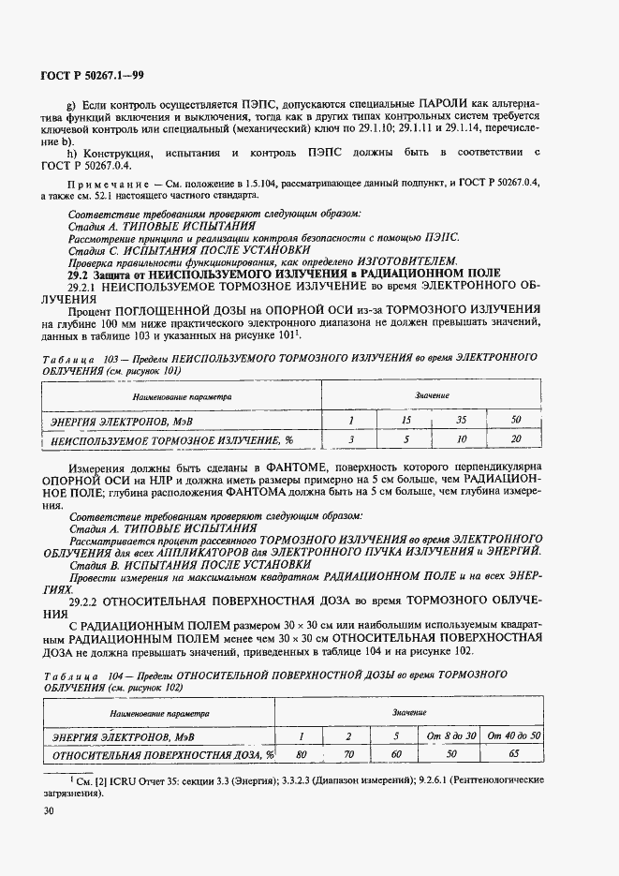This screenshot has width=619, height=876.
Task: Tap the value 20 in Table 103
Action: [515, 438]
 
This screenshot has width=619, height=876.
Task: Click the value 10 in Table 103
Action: [461, 438]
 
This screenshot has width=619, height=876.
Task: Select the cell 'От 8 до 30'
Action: [451, 736]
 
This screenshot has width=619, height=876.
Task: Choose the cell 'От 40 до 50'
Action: [514, 736]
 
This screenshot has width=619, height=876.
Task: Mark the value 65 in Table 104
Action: [514, 753]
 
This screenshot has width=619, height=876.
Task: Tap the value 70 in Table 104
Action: [347, 753]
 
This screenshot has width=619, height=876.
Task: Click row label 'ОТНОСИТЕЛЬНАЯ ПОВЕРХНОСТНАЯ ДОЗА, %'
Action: [163, 753]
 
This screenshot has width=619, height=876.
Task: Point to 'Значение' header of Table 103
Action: [433, 397]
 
